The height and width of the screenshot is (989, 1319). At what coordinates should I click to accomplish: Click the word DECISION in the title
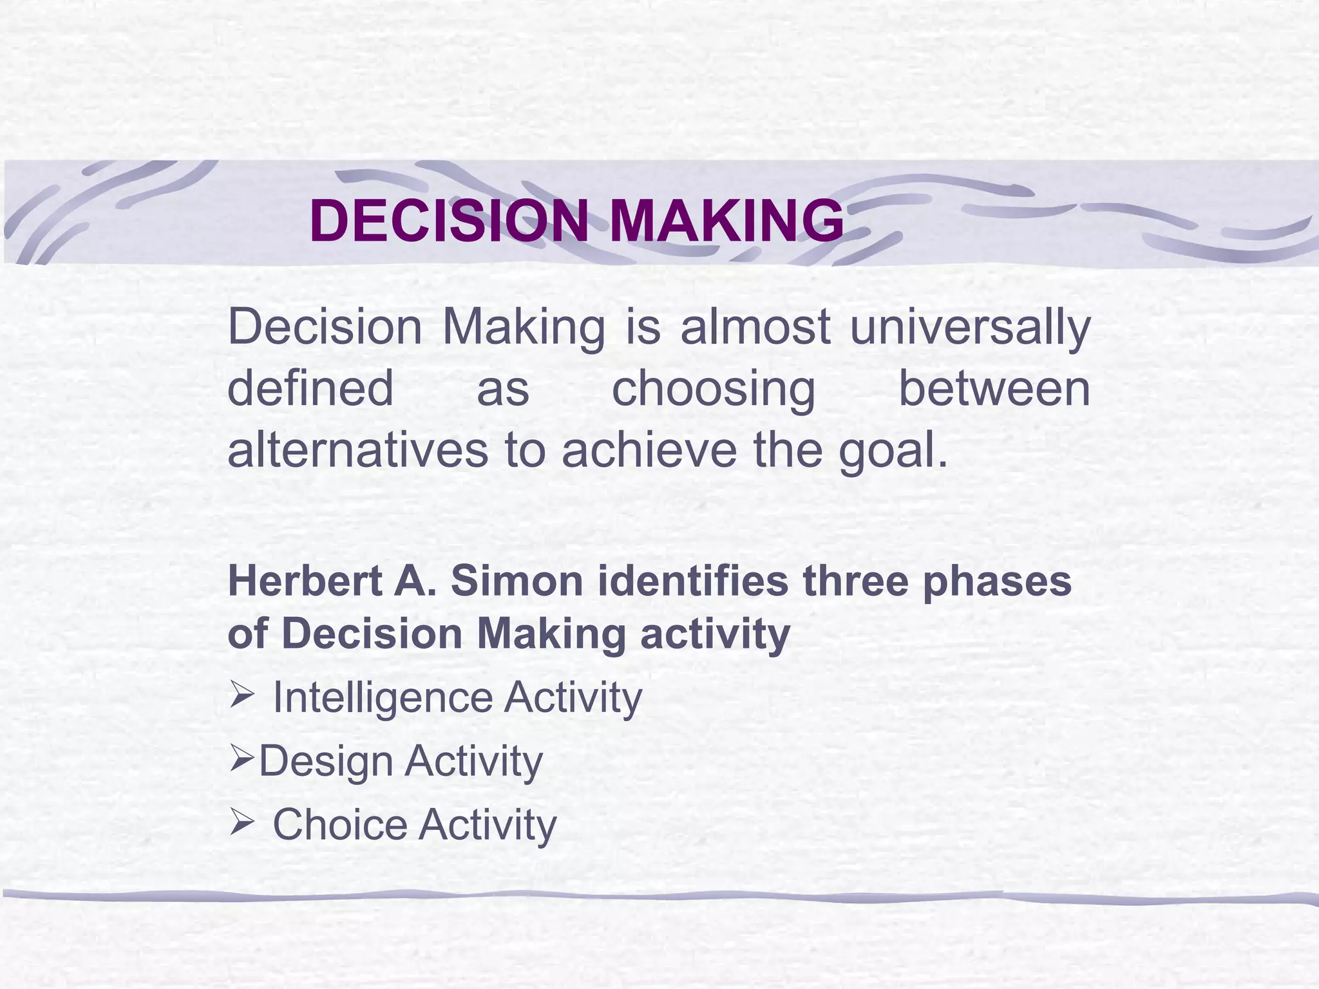[449, 221]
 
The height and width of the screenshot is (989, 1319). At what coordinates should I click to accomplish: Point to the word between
[994, 388]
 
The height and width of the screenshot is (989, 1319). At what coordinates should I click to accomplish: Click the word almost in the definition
[755, 327]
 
